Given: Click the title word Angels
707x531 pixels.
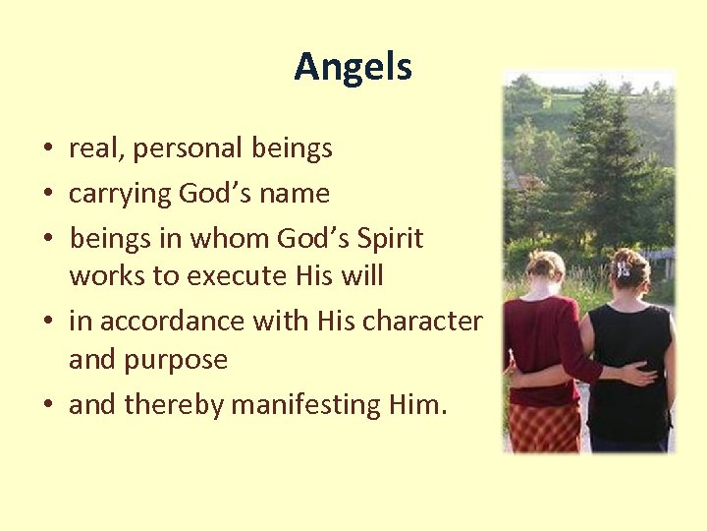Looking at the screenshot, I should point(353,67).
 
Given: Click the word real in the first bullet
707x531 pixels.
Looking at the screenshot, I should point(89,148).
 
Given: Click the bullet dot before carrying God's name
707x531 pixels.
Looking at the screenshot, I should point(47,195).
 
